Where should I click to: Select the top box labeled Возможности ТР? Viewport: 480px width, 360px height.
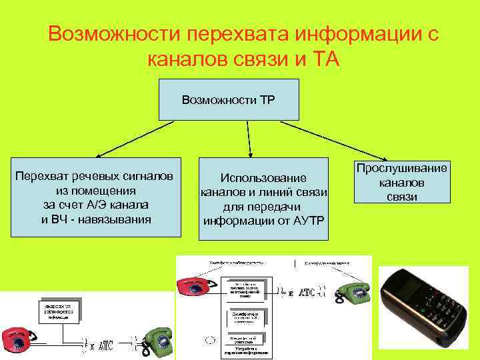(x=229, y=100)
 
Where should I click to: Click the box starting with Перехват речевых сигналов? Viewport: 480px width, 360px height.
(x=96, y=197)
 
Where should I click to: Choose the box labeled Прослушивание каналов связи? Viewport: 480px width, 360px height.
(x=401, y=182)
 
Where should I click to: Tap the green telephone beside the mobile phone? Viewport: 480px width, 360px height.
(x=352, y=292)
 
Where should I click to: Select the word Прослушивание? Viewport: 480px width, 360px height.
(x=401, y=168)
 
